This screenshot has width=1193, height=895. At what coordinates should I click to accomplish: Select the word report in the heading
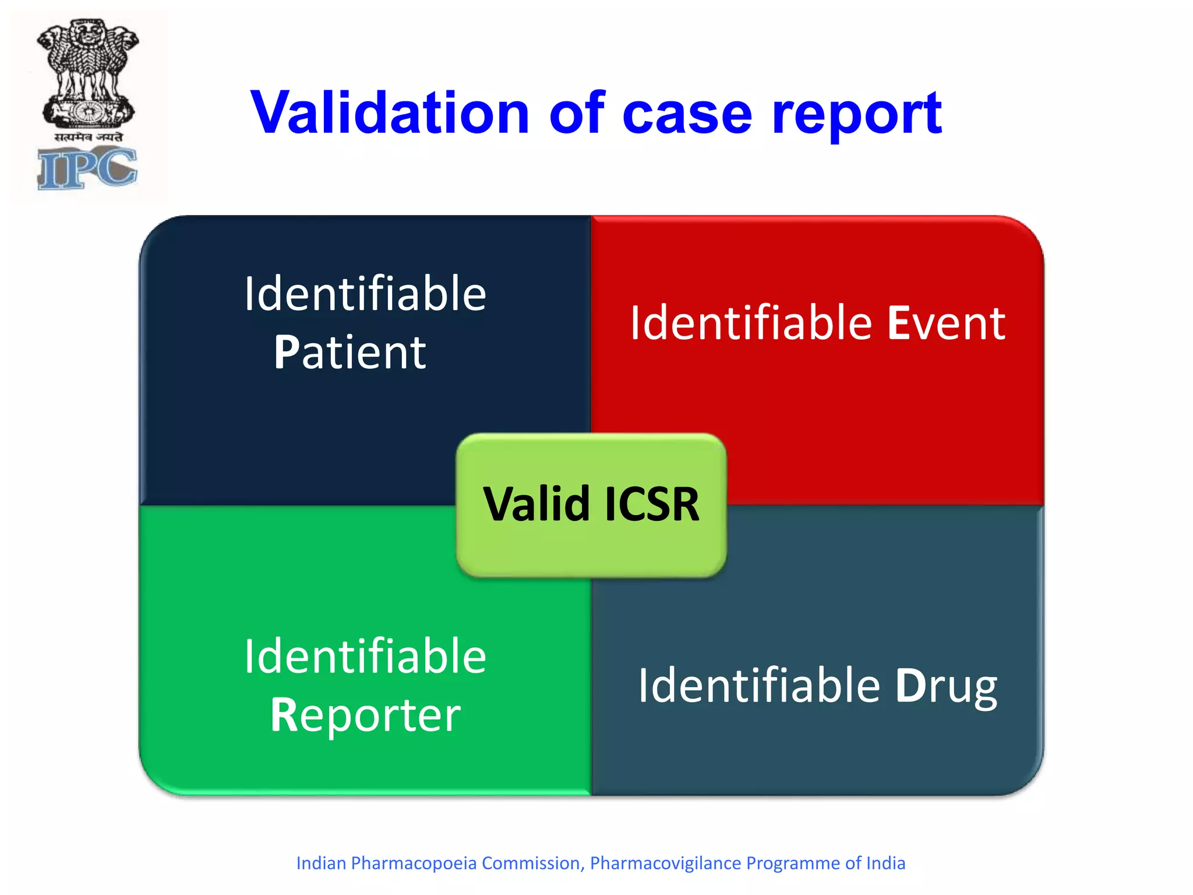pos(856,115)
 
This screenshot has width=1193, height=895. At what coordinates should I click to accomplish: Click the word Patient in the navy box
pos(350,353)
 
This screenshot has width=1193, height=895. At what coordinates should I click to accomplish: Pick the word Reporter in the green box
pos(365,715)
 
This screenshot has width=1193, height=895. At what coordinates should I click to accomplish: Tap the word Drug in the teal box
pos(946,686)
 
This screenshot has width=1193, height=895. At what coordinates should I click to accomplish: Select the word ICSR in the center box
pos(652,504)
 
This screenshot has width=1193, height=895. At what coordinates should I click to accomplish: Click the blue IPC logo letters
pos(87,168)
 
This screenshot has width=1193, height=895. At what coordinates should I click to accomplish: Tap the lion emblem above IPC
pos(87,73)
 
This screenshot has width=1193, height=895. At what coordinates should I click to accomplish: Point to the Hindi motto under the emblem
pos(89,137)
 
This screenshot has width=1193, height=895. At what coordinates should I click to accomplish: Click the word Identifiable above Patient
pos(365,294)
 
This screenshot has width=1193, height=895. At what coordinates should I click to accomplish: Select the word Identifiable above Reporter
pos(365,656)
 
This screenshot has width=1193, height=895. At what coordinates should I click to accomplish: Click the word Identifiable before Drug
pos(758,685)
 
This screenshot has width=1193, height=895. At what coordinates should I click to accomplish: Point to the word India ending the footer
pos(885,863)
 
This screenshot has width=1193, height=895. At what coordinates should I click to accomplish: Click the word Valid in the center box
pos(537,504)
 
